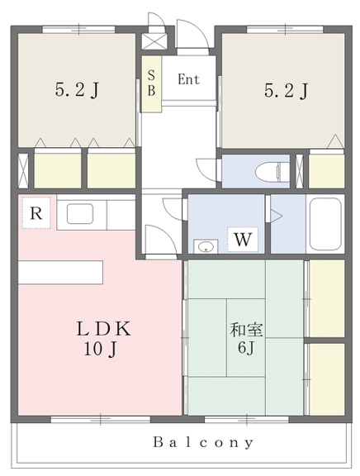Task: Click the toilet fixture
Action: (272, 172)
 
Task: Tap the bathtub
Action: (325, 224)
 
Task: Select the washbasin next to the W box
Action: (206, 246)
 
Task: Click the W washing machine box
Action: (243, 239)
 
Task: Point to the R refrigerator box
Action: (36, 213)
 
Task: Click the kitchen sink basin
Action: (80, 214)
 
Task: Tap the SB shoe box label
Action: (151, 83)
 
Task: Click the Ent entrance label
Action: (188, 79)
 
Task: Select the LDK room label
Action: (103, 329)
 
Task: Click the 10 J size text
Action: (100, 349)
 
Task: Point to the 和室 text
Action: (246, 330)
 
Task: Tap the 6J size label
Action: (246, 347)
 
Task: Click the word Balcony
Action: (202, 443)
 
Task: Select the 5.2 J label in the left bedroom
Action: (77, 89)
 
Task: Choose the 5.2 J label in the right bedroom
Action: (287, 90)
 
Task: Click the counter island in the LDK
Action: (60, 273)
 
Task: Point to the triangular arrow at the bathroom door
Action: (277, 216)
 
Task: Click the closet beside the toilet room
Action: (327, 171)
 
